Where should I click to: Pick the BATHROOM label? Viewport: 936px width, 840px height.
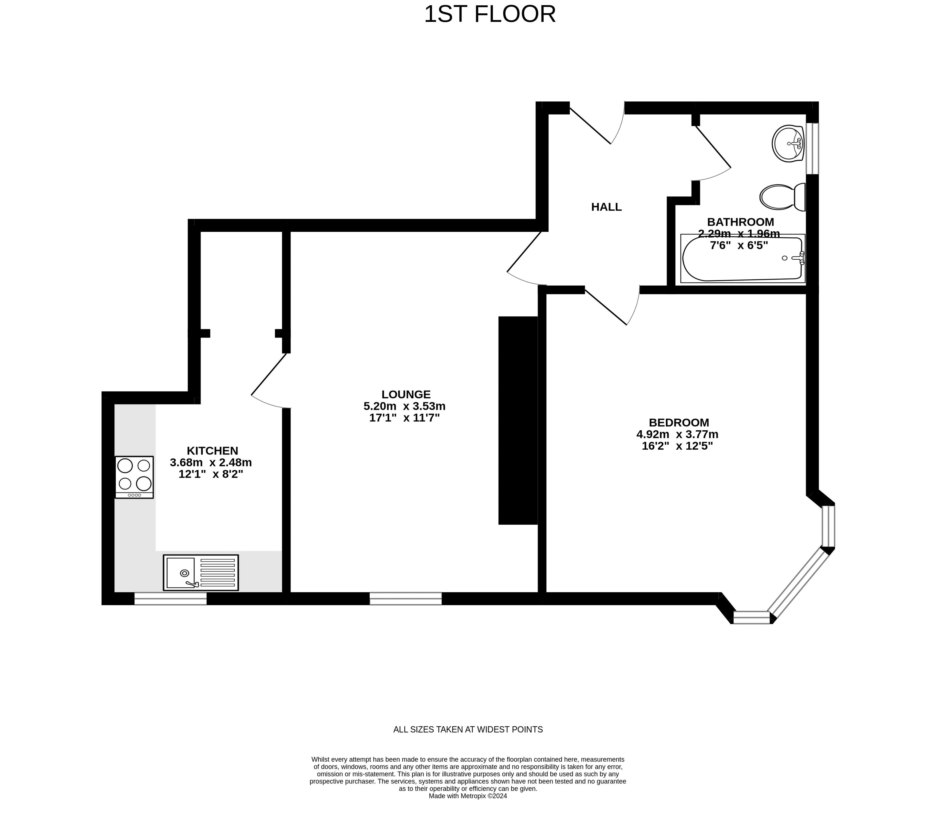point(740,222)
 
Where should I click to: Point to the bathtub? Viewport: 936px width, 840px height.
point(743,259)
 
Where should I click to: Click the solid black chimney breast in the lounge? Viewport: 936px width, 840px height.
point(518,421)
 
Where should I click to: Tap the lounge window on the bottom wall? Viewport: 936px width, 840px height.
point(406,599)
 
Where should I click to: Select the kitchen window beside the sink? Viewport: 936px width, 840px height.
point(170,599)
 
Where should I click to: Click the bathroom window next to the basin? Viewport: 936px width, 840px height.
point(812,149)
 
